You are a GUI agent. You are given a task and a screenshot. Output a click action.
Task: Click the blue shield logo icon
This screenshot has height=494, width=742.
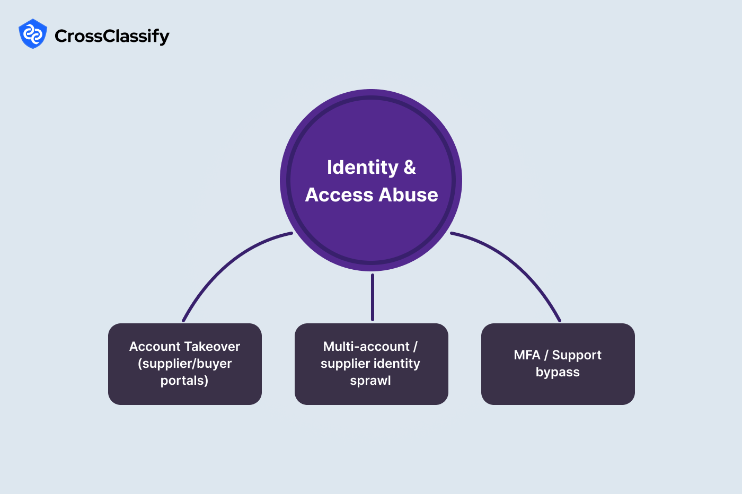[33, 34]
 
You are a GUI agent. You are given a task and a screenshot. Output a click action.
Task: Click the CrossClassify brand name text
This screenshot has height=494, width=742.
[112, 36]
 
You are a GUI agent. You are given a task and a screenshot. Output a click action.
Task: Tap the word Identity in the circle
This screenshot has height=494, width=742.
[362, 167]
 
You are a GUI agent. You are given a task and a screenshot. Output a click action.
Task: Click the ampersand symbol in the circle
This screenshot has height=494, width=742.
[410, 167]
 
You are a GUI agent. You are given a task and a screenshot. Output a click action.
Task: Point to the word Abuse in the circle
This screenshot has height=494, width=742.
[408, 195]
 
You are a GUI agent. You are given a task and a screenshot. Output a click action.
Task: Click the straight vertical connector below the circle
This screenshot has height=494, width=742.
[373, 297]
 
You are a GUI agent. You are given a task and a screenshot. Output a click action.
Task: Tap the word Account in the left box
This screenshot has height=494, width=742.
[155, 347]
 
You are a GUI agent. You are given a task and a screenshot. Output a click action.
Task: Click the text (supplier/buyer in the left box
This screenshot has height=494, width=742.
[185, 364]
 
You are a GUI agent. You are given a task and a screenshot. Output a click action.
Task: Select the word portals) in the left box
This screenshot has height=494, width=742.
[184, 381]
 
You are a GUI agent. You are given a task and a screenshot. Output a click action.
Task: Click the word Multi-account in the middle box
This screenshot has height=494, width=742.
[366, 347]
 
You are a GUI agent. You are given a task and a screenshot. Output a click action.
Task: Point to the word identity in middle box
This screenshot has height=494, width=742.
[395, 364]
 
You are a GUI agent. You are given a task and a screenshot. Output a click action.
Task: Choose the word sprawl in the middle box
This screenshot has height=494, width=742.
[370, 381]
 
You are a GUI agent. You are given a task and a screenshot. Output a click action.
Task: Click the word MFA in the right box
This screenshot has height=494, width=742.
[526, 355]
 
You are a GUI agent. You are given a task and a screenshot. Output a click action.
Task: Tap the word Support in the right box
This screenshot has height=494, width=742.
[577, 355]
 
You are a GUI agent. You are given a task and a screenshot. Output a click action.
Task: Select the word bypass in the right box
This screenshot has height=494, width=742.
[558, 372]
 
